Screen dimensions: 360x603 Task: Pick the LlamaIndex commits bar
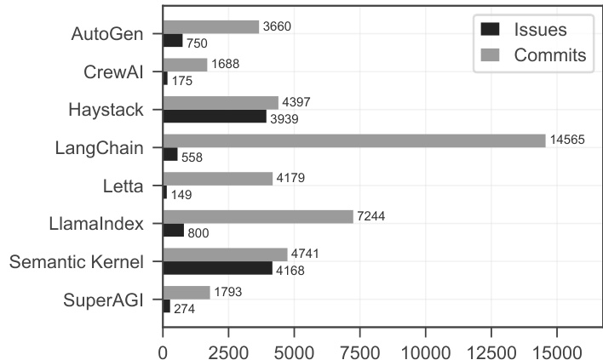pos(257,217)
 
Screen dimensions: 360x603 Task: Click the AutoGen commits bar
pos(210,26)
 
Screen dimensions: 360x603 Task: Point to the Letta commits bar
pos(217,179)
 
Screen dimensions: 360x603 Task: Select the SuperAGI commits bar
pos(186,293)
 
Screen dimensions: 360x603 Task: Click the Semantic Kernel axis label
pos(77,261)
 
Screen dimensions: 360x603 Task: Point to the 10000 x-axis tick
pos(425,349)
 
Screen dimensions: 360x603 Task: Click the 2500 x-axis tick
pos(227,349)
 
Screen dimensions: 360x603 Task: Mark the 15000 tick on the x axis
pos(557,349)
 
